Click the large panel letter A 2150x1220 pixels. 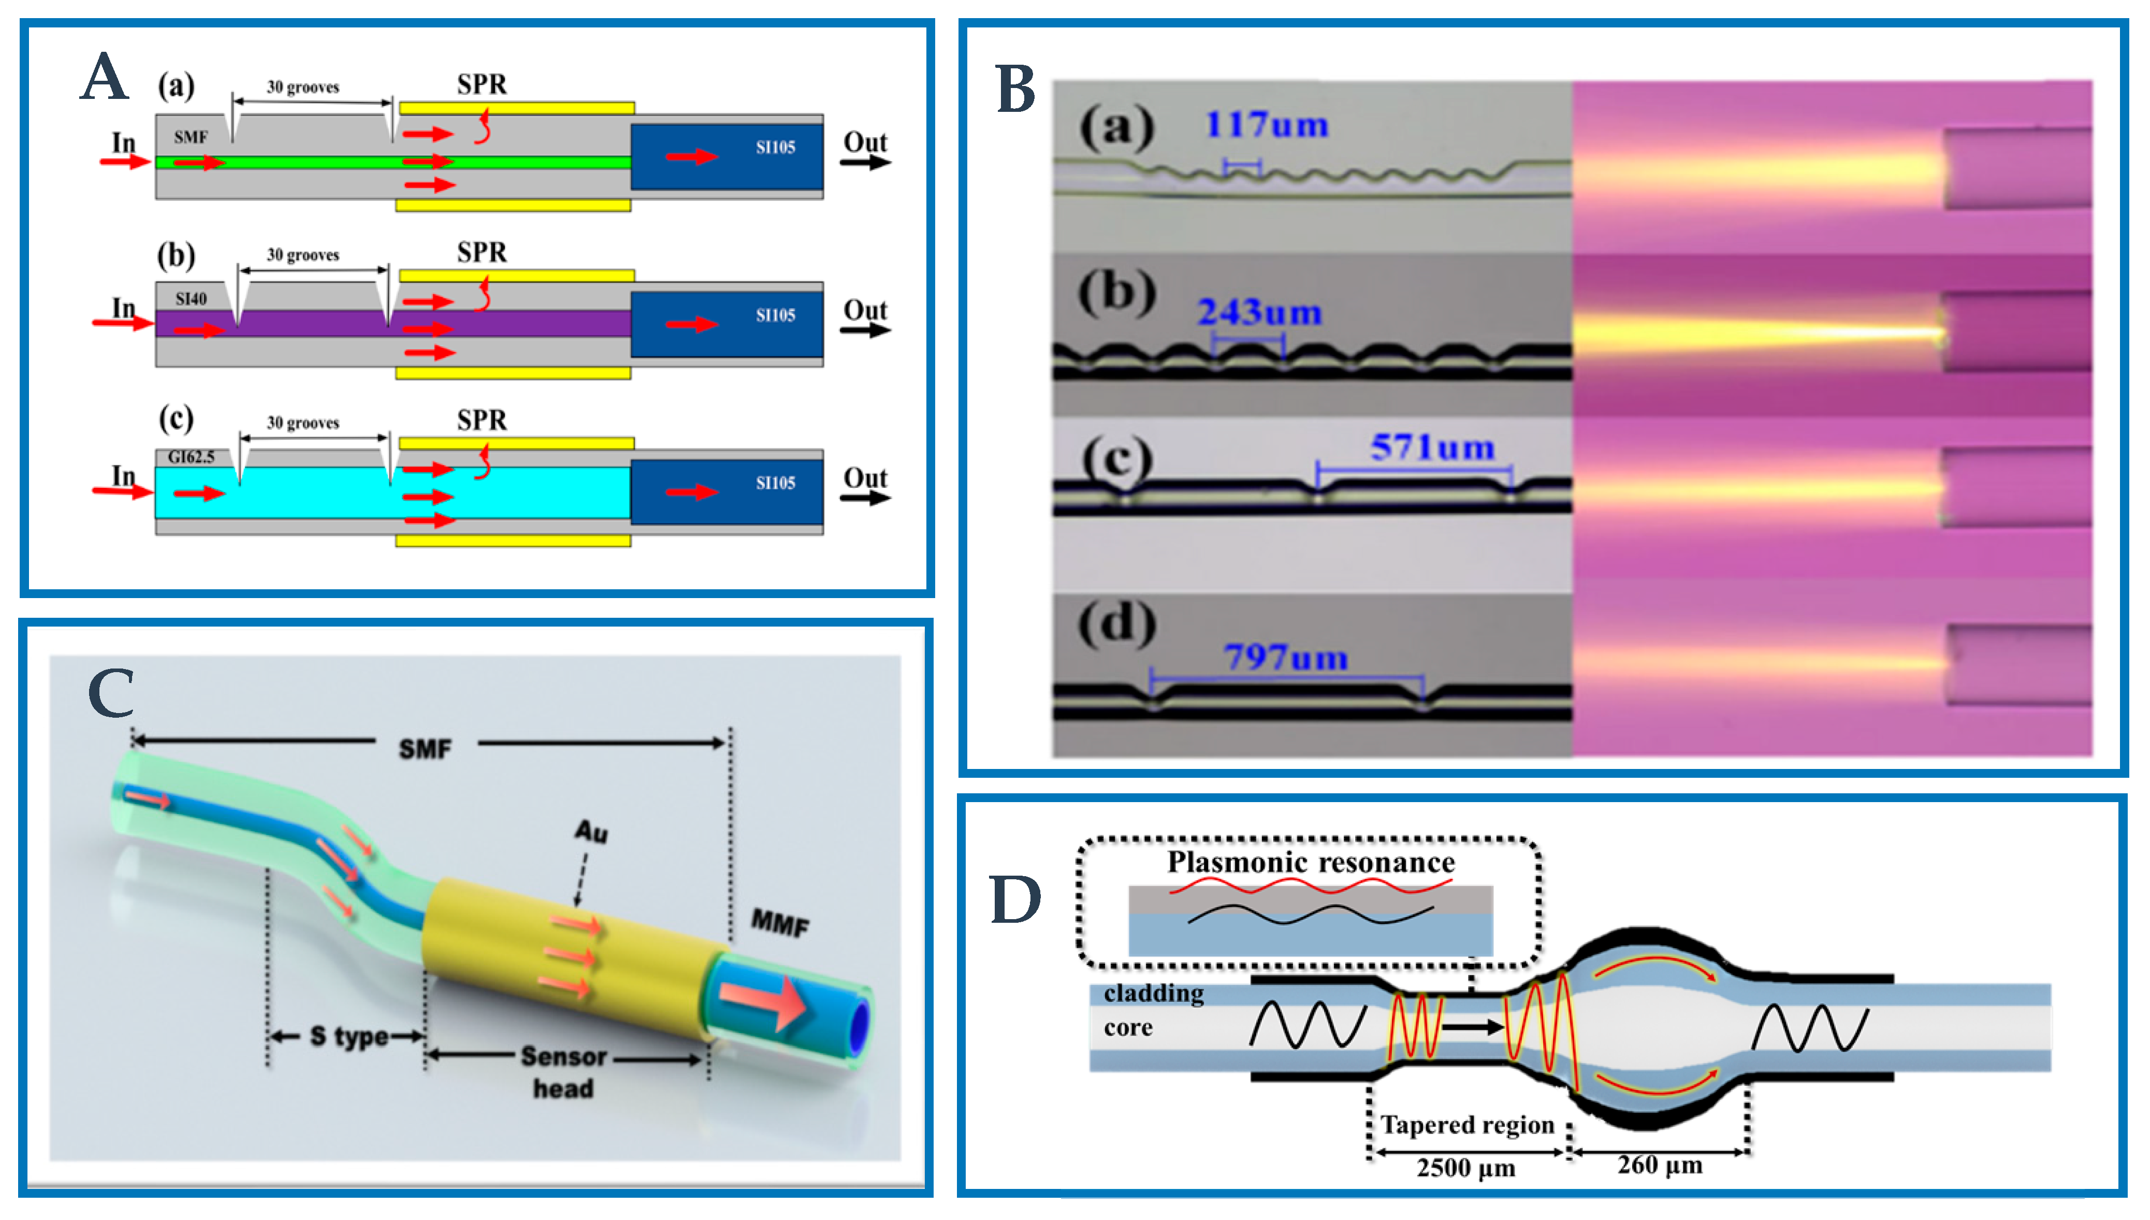pos(105,77)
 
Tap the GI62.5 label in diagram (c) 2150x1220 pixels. pos(191,457)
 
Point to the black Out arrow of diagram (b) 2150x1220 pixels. pos(865,330)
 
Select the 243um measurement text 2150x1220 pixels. pos(1259,313)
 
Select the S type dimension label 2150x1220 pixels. pos(348,1037)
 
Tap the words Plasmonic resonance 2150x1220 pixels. pos(1311,862)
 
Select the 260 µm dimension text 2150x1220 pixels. pos(1659,1165)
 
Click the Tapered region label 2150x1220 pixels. pos(1467,1125)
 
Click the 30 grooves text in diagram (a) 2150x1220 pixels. pos(302,87)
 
